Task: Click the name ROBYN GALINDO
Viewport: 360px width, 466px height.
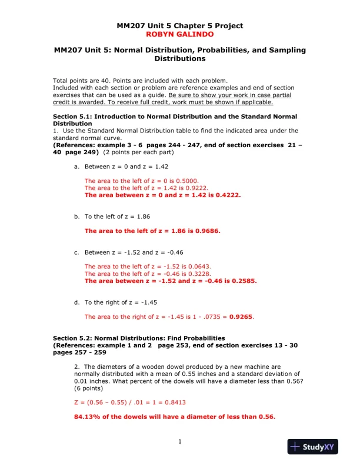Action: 179,34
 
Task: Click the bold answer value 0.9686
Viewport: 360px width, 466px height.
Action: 208,231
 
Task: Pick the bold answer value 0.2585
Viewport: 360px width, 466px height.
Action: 245,281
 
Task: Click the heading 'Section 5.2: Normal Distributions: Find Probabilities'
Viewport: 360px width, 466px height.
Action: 139,338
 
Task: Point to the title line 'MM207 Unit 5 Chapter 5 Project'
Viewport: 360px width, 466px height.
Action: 179,26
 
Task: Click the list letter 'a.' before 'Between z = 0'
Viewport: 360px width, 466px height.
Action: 76,167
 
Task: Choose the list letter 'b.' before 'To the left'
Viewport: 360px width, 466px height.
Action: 76,217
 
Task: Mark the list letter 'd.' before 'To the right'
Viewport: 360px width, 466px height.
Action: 76,302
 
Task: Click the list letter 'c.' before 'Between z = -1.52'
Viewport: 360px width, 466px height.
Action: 76,252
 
